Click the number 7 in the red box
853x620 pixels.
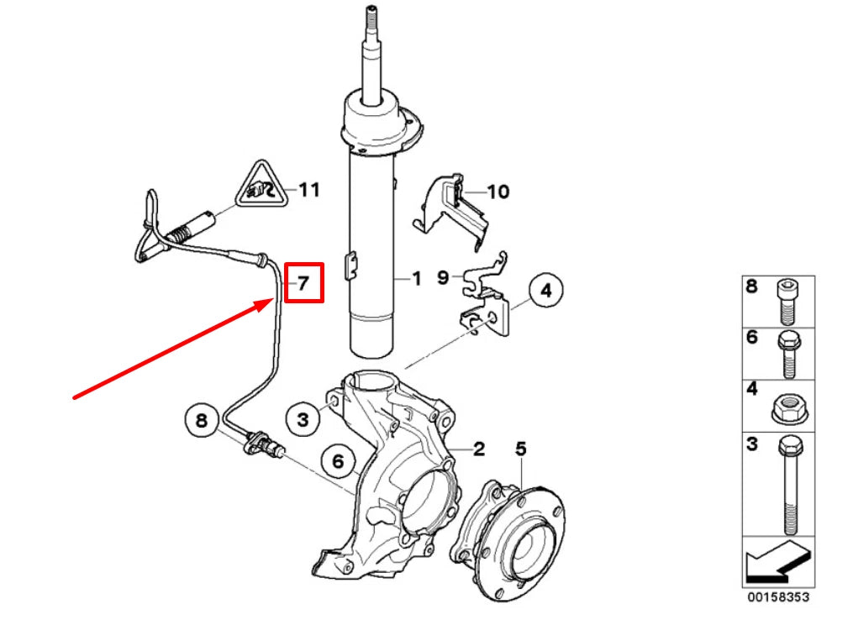pyautogui.click(x=304, y=284)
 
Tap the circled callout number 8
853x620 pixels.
pyautogui.click(x=201, y=420)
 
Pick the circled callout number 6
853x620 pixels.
pyautogui.click(x=339, y=460)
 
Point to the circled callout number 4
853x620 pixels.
pyautogui.click(x=545, y=292)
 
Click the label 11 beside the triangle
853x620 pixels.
pyautogui.click(x=309, y=190)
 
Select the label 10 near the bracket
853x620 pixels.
pyautogui.click(x=498, y=192)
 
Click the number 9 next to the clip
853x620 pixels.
pyautogui.click(x=443, y=276)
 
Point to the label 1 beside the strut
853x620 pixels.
pyautogui.click(x=415, y=279)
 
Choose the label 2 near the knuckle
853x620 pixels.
pyautogui.click(x=477, y=449)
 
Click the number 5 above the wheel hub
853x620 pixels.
pyautogui.click(x=520, y=449)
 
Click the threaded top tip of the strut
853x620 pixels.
pyautogui.click(x=370, y=16)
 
